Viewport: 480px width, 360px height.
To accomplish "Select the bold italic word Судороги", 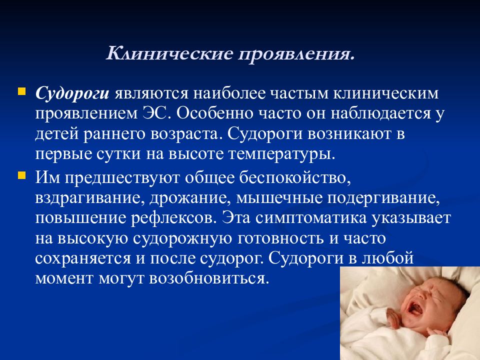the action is coord(72,93).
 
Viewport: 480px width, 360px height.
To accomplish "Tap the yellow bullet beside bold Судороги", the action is coord(21,92).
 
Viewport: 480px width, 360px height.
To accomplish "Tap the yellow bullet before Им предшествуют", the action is coord(21,175).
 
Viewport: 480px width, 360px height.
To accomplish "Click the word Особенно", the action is coord(214,114).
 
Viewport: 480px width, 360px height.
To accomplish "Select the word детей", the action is coord(57,134).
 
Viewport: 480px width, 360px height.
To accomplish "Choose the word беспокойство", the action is coord(295,177).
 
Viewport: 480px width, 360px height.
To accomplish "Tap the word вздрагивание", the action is coord(89,198).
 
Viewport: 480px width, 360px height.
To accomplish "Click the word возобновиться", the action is coord(209,279).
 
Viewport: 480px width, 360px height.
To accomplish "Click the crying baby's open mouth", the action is coord(415,308).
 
